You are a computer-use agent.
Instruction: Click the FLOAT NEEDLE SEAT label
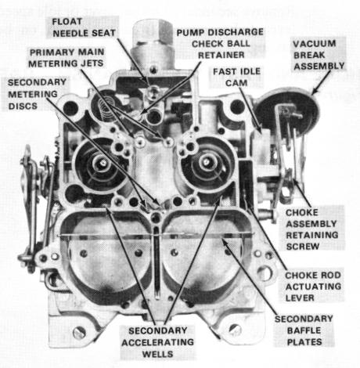(84, 27)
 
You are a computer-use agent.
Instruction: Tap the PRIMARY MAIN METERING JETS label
(67, 58)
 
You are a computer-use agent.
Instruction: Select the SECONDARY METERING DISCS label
(37, 94)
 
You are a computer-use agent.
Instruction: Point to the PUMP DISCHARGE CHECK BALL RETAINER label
(220, 44)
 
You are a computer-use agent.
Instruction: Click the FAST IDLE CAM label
(236, 77)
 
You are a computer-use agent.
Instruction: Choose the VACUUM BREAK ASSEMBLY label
(319, 55)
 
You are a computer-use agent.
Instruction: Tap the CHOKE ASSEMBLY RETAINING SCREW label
(311, 229)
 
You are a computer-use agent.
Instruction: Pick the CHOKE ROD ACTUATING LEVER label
(313, 287)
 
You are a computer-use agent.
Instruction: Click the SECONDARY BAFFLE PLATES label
(304, 330)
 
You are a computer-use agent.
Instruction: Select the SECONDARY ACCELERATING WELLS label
(157, 342)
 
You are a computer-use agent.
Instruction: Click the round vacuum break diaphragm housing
(287, 112)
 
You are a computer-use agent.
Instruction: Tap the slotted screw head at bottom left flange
(79, 333)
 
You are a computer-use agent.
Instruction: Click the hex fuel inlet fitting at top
(153, 32)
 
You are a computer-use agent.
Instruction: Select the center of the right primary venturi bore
(207, 162)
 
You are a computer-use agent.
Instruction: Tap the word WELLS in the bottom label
(157, 354)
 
